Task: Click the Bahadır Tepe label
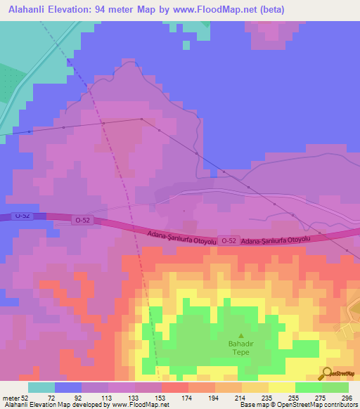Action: [241, 348]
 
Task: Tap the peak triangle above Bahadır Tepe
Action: [241, 336]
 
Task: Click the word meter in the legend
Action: [11, 398]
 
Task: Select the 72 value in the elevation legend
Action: [51, 398]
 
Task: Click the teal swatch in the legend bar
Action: [41, 387]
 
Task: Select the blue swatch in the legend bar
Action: [68, 387]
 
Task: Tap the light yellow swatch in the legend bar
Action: [281, 387]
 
